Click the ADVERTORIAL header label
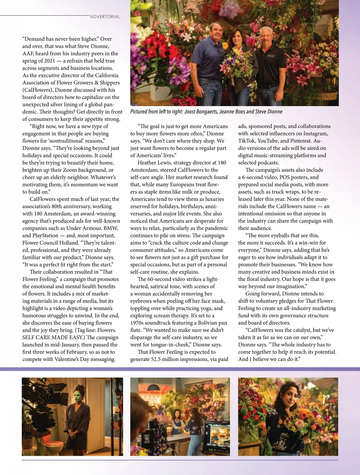pyautogui.click(x=105, y=17)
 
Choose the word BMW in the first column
pyautogui.click(x=111, y=228)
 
